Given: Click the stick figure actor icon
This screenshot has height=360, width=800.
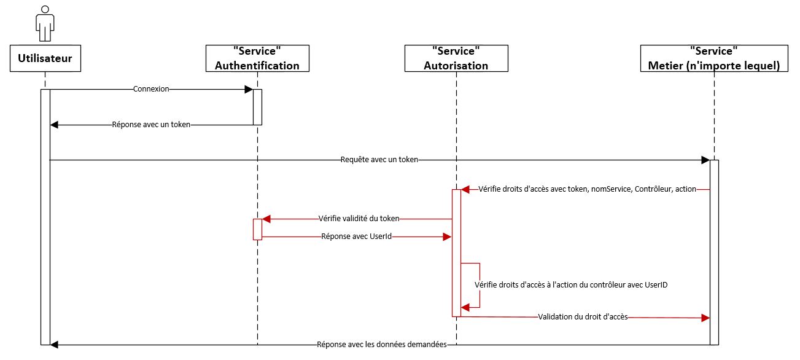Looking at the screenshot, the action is pos(45,23).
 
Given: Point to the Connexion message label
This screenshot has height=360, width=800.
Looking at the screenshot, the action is pos(151,89).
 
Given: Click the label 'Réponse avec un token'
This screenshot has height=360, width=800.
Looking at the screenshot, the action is pos(151,125).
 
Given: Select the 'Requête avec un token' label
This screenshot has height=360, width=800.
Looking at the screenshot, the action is pos(379,160).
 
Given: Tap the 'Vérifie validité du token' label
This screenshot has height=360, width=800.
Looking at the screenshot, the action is pos(359,219).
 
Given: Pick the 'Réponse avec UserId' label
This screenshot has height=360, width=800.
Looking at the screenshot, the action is pos(357,237).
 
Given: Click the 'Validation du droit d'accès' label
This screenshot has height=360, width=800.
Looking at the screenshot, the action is pos(583,317).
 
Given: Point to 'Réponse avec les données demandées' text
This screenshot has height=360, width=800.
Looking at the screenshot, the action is pos(382,345).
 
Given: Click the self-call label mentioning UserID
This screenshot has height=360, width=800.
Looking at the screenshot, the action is pos(571,285).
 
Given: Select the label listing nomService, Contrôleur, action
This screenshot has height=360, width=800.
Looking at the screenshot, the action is pos(587,189).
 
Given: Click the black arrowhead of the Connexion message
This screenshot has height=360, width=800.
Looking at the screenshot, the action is pos(249,89).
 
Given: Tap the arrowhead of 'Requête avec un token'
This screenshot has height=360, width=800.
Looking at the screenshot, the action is pos(705,160).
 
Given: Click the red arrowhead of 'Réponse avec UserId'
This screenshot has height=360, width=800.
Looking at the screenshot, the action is pos(447,237).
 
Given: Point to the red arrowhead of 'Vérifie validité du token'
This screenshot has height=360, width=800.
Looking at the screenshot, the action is pos(266,219).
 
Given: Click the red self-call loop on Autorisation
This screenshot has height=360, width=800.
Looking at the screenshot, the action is pos(480,285).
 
